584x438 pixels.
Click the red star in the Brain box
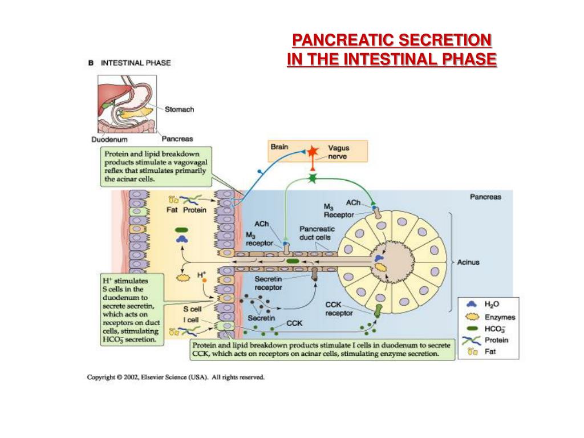point(312,152)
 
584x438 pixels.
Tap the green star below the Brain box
point(312,178)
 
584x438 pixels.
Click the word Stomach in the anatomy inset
point(179,109)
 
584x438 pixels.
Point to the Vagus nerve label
point(339,152)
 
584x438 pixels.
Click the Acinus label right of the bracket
point(468,263)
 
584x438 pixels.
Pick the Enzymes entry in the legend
point(500,317)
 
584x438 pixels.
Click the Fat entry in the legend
point(490,351)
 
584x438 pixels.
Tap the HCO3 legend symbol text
point(494,329)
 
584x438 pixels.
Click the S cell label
point(192,309)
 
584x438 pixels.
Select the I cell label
point(191,321)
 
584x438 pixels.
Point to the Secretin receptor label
point(268,283)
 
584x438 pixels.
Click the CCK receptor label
point(339,309)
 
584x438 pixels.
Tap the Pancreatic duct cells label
point(317,233)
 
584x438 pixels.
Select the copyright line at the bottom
point(176,377)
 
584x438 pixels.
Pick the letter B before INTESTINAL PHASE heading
point(91,63)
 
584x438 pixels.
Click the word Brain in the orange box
point(279,147)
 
